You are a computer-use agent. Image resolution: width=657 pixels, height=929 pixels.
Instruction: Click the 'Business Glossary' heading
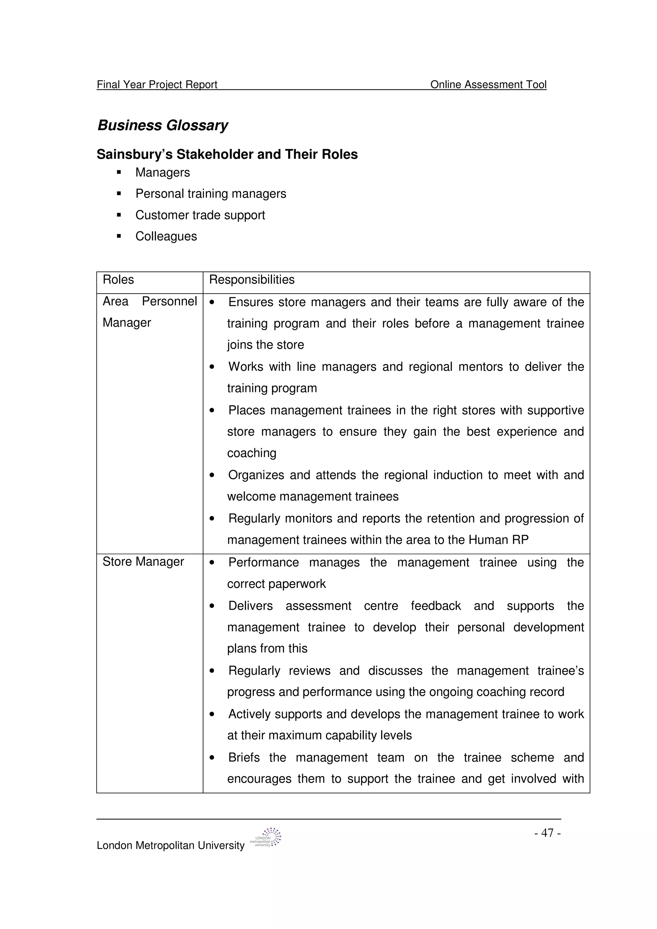tap(163, 125)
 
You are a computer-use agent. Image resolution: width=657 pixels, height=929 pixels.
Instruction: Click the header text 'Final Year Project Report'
tap(157, 84)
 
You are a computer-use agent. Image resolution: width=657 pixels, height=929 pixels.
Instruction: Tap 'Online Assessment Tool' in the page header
tap(488, 84)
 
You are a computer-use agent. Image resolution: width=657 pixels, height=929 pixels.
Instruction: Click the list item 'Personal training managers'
tap(210, 194)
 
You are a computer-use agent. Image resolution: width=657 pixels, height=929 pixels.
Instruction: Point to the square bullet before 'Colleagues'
tap(119, 236)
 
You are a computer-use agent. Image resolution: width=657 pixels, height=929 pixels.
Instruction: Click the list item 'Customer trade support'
tap(200, 215)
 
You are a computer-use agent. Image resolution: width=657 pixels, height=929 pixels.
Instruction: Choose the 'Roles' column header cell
tap(118, 280)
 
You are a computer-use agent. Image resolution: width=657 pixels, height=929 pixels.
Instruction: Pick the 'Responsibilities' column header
tap(252, 280)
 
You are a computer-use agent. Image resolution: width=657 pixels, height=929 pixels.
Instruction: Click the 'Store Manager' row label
tap(143, 562)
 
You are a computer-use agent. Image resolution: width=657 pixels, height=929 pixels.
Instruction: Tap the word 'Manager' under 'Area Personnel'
tap(127, 323)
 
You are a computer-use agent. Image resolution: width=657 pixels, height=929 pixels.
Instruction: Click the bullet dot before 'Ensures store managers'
tap(212, 303)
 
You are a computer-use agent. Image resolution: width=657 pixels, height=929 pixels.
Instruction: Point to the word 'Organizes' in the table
tap(256, 475)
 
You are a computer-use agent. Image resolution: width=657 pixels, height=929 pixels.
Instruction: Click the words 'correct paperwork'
tap(277, 584)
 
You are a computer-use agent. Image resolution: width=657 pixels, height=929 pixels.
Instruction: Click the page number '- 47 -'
tap(547, 833)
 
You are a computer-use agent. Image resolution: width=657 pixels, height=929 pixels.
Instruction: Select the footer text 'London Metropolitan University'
tap(170, 845)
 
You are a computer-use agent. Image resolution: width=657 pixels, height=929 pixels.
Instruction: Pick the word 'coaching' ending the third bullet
tap(252, 453)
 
